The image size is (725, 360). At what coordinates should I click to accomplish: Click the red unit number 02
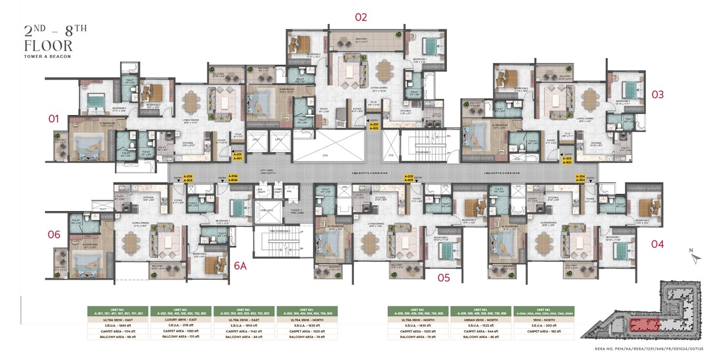point(361,17)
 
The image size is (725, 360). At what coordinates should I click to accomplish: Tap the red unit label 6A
point(240,265)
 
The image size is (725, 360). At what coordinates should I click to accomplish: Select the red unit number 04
point(657,244)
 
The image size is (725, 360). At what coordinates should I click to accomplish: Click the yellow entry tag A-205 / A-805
point(408,178)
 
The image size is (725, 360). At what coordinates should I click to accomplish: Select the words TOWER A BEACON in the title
point(47,57)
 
